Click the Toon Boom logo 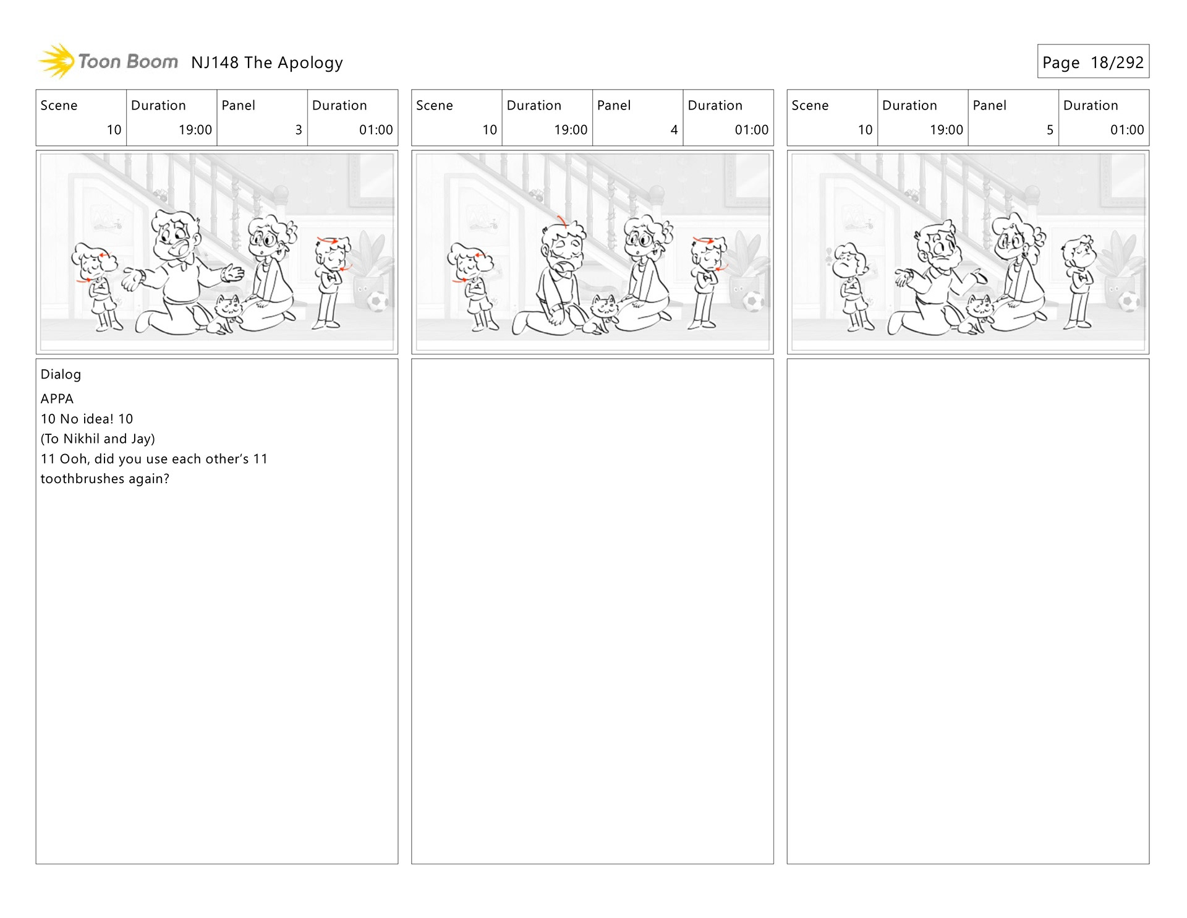108,61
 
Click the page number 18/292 1117,62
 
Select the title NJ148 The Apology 267,63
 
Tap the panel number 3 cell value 299,130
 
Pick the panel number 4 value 674,130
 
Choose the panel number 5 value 1050,130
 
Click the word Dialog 61,374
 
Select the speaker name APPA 57,399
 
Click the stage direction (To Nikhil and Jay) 98,439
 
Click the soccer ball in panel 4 753,301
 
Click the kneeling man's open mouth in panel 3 183,248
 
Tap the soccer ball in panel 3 377,301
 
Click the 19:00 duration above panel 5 947,130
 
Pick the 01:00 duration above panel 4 752,130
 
